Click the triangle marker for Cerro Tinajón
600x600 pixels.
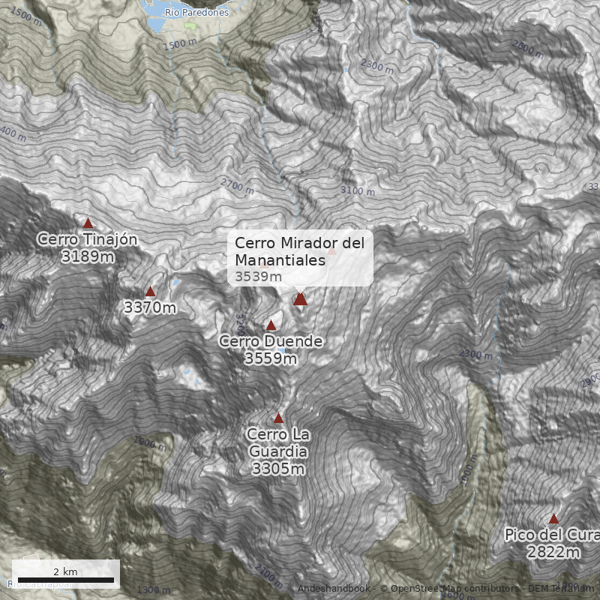(x=88, y=223)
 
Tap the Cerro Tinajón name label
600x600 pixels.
(x=87, y=240)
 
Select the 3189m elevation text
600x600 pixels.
(x=88, y=257)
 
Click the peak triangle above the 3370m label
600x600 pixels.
(x=150, y=292)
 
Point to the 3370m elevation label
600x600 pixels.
(x=150, y=307)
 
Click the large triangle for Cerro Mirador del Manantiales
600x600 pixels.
(x=301, y=299)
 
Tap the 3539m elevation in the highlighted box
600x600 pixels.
(x=258, y=277)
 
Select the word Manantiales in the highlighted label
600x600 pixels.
(x=280, y=260)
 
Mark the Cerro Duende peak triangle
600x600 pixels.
(x=271, y=325)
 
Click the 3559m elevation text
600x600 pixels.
(x=271, y=358)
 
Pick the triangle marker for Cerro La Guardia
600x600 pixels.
(x=278, y=418)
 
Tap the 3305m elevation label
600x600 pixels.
(x=278, y=469)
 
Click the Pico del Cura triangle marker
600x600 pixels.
(x=553, y=519)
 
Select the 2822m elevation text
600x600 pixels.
(x=553, y=553)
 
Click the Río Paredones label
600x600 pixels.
(x=196, y=13)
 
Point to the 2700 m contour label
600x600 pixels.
(x=238, y=184)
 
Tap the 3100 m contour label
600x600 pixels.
(x=357, y=190)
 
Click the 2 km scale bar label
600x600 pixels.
(x=65, y=571)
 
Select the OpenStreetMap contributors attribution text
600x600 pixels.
(x=449, y=589)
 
